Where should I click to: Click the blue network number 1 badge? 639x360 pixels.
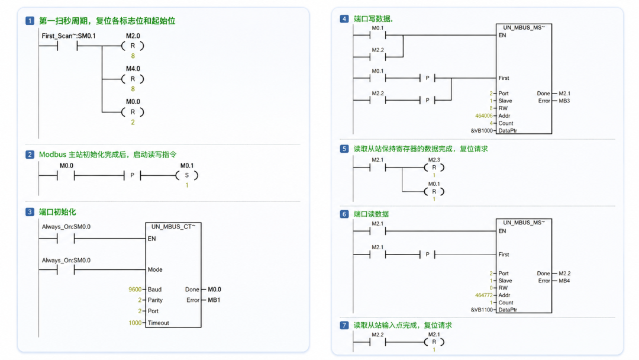tap(30, 21)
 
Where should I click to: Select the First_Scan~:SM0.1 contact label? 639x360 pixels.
tap(69, 36)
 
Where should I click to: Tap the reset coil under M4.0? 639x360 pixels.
tap(133, 79)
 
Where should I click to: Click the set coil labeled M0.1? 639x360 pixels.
tap(187, 175)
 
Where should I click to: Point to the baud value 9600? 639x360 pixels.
tap(135, 290)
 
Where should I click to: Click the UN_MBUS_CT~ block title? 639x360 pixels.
tap(173, 227)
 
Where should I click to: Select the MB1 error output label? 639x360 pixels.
tap(214, 300)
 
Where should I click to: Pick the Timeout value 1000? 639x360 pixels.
tap(135, 323)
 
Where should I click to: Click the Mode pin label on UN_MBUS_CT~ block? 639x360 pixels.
tap(155, 269)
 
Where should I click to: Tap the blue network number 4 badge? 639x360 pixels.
tap(344, 19)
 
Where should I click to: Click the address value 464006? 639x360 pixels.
tap(484, 116)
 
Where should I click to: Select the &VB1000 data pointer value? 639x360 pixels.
tap(482, 131)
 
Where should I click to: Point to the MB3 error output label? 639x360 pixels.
tap(564, 101)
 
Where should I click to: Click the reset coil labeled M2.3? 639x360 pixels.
tap(434, 168)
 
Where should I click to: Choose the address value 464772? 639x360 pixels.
tap(484, 295)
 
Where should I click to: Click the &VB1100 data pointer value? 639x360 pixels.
tap(482, 310)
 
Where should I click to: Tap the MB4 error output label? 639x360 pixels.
tap(564, 281)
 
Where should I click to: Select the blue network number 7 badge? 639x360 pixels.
tap(344, 325)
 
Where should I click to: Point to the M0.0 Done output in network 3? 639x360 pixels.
tap(214, 290)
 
